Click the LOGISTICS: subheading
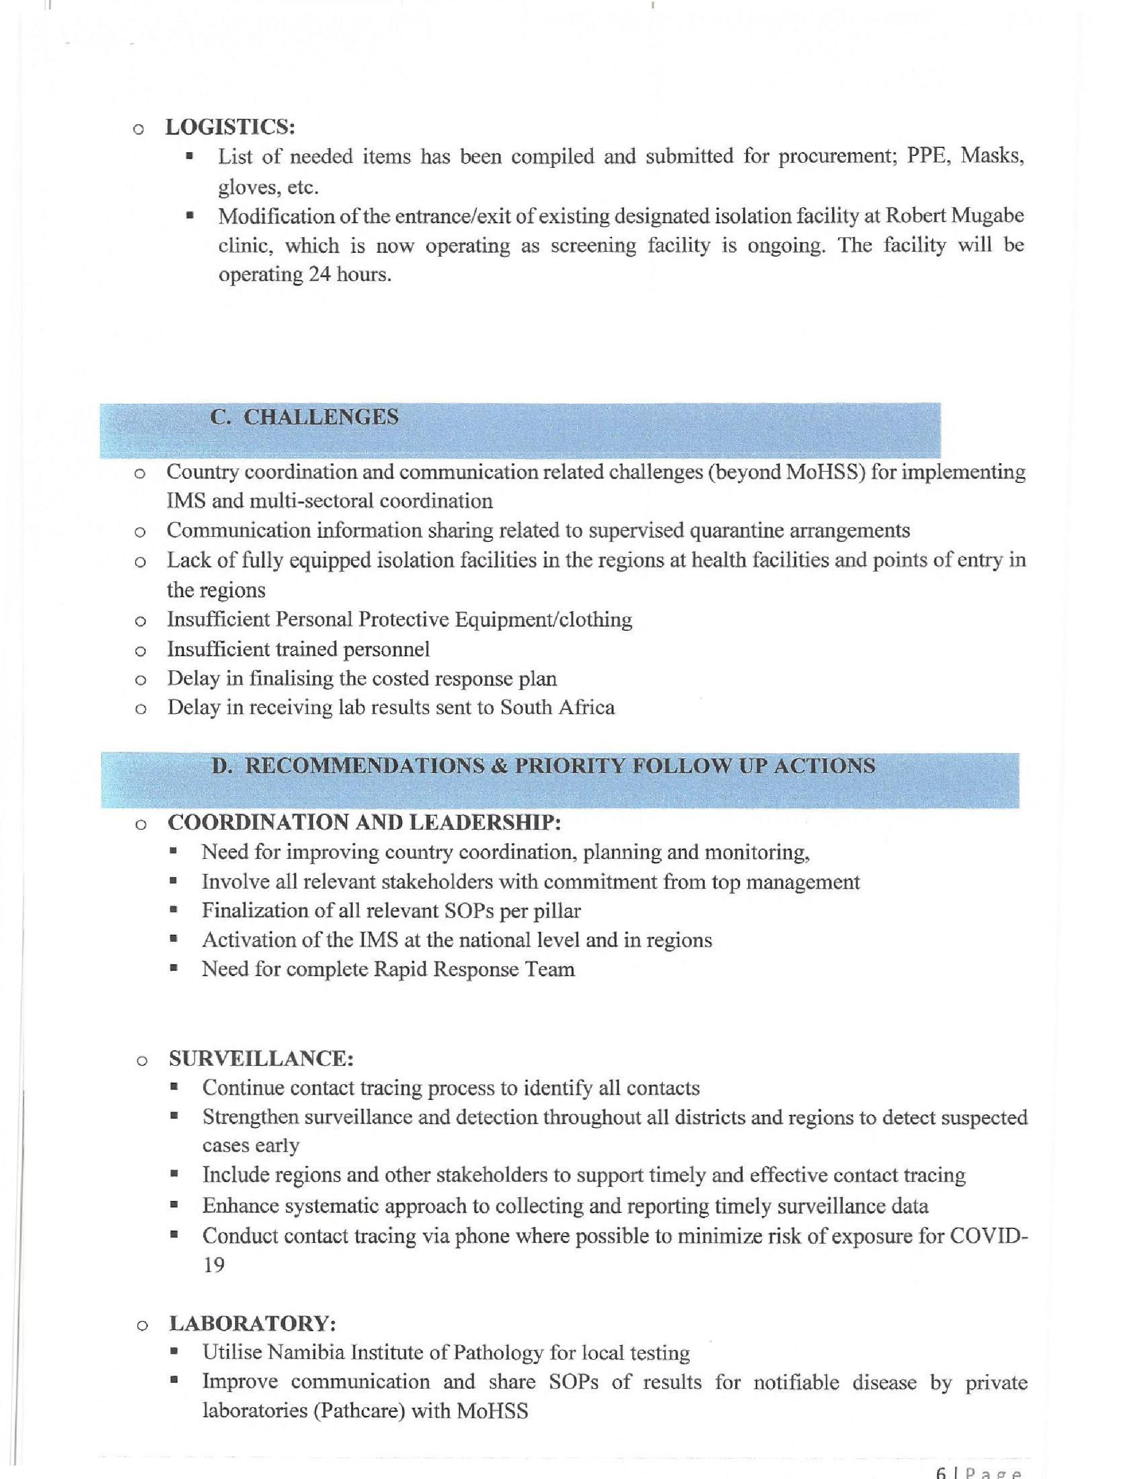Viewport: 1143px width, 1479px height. [x=230, y=126]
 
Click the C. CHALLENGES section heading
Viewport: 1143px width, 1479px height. [x=304, y=417]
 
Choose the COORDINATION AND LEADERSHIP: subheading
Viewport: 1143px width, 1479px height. [x=364, y=822]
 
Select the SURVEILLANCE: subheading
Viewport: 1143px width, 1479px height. [x=261, y=1058]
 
